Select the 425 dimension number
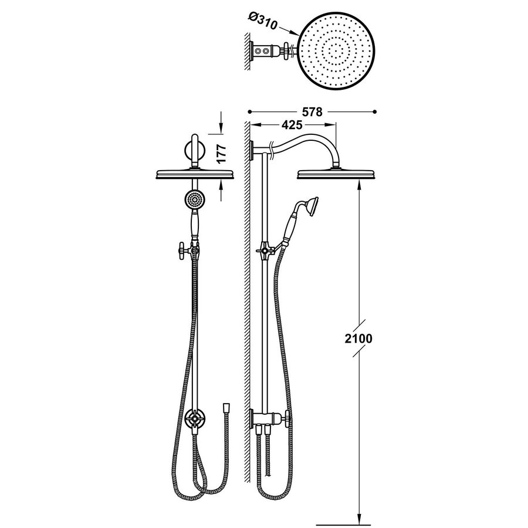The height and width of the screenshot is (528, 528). (292, 125)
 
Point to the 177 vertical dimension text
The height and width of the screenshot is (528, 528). (222, 153)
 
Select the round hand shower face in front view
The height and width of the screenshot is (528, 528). (193, 199)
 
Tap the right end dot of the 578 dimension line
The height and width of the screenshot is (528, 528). (375, 110)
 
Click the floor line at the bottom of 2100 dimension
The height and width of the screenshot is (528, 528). (343, 523)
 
